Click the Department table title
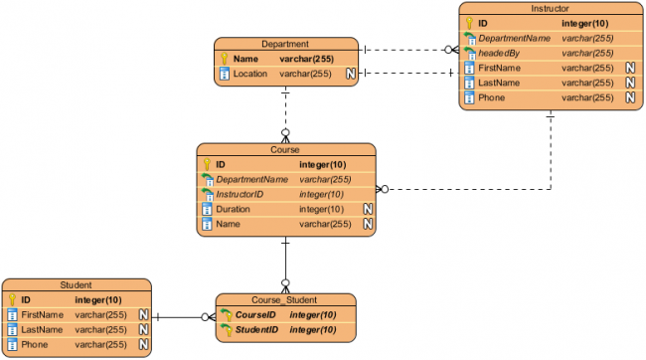[x=285, y=44]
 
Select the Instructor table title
[x=550, y=8]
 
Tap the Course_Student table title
[x=285, y=299]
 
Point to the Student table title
[x=76, y=284]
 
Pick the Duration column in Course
[x=234, y=210]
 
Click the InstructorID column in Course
[x=240, y=195]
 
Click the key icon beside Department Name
[x=225, y=59]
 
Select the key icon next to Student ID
[x=13, y=299]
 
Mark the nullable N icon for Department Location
[x=350, y=74]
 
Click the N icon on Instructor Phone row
[x=630, y=97]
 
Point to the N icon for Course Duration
[x=368, y=210]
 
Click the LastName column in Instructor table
[x=499, y=83]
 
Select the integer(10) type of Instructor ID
[x=587, y=23]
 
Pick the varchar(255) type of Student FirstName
[x=100, y=314]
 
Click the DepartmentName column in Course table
[x=251, y=180]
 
